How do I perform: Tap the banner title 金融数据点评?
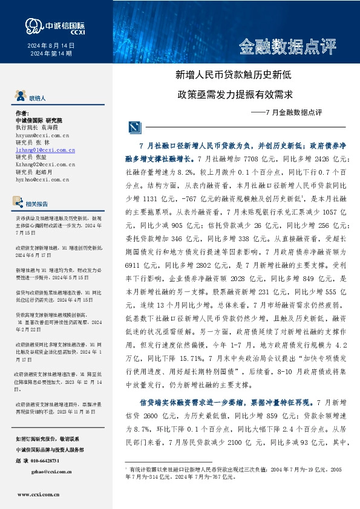click(x=287, y=46)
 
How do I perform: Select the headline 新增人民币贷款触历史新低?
click(x=234, y=76)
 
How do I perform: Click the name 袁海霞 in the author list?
click(x=52, y=129)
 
